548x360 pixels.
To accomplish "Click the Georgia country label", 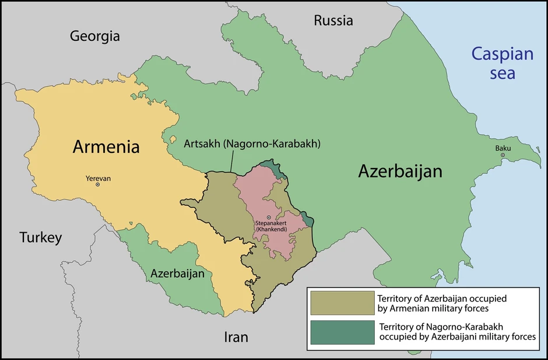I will pyautogui.click(x=95, y=36).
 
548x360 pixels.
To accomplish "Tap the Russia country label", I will pyautogui.click(x=333, y=20).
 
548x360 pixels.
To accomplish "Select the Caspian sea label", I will pyautogui.click(x=502, y=64).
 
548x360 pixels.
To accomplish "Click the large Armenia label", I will pyautogui.click(x=106, y=146).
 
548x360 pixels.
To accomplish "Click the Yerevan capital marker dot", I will pyautogui.click(x=98, y=185).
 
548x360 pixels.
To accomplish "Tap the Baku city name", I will pyautogui.click(x=503, y=148).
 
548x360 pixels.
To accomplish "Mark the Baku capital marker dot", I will pyautogui.click(x=503, y=155).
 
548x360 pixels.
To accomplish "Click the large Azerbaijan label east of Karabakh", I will pyautogui.click(x=400, y=171).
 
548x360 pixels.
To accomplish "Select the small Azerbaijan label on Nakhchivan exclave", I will pyautogui.click(x=177, y=273).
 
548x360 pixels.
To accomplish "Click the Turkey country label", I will pyautogui.click(x=40, y=237).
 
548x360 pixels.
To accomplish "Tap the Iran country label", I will pyautogui.click(x=236, y=337).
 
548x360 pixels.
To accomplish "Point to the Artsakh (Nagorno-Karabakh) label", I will pyautogui.click(x=252, y=144).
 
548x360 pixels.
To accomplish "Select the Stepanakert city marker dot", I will pyautogui.click(x=269, y=218).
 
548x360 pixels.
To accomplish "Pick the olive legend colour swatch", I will pyautogui.click(x=342, y=303).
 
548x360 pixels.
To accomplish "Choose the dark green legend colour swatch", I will pyautogui.click(x=342, y=332).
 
